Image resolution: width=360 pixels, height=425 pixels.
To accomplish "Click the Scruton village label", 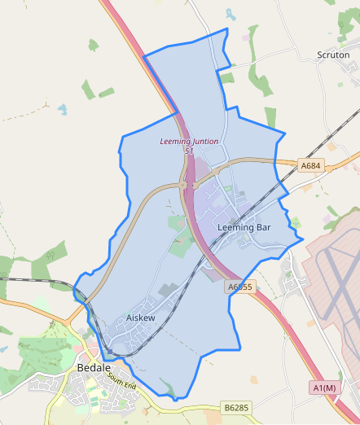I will (x=332, y=55).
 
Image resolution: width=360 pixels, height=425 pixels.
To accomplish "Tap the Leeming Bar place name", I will (x=244, y=227).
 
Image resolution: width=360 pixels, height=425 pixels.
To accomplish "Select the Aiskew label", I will (x=141, y=318).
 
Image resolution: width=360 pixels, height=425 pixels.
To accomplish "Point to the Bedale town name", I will (x=94, y=368).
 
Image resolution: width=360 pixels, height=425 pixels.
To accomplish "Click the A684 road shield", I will (x=310, y=166).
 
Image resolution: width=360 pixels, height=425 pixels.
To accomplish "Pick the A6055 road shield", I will (x=241, y=287).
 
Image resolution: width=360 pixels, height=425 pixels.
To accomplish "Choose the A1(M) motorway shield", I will (x=324, y=388).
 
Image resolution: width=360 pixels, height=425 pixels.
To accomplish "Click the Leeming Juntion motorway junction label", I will (x=189, y=142).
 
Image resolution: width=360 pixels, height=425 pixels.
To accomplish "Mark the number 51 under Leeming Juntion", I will (x=189, y=151).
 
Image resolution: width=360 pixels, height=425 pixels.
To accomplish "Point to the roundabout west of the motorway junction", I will (x=184, y=186).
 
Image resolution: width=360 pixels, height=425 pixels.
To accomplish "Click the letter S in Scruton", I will (x=319, y=55).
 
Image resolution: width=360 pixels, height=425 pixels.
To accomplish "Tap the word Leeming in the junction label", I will (x=174, y=142).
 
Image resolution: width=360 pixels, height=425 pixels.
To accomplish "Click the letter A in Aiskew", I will (x=130, y=318).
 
